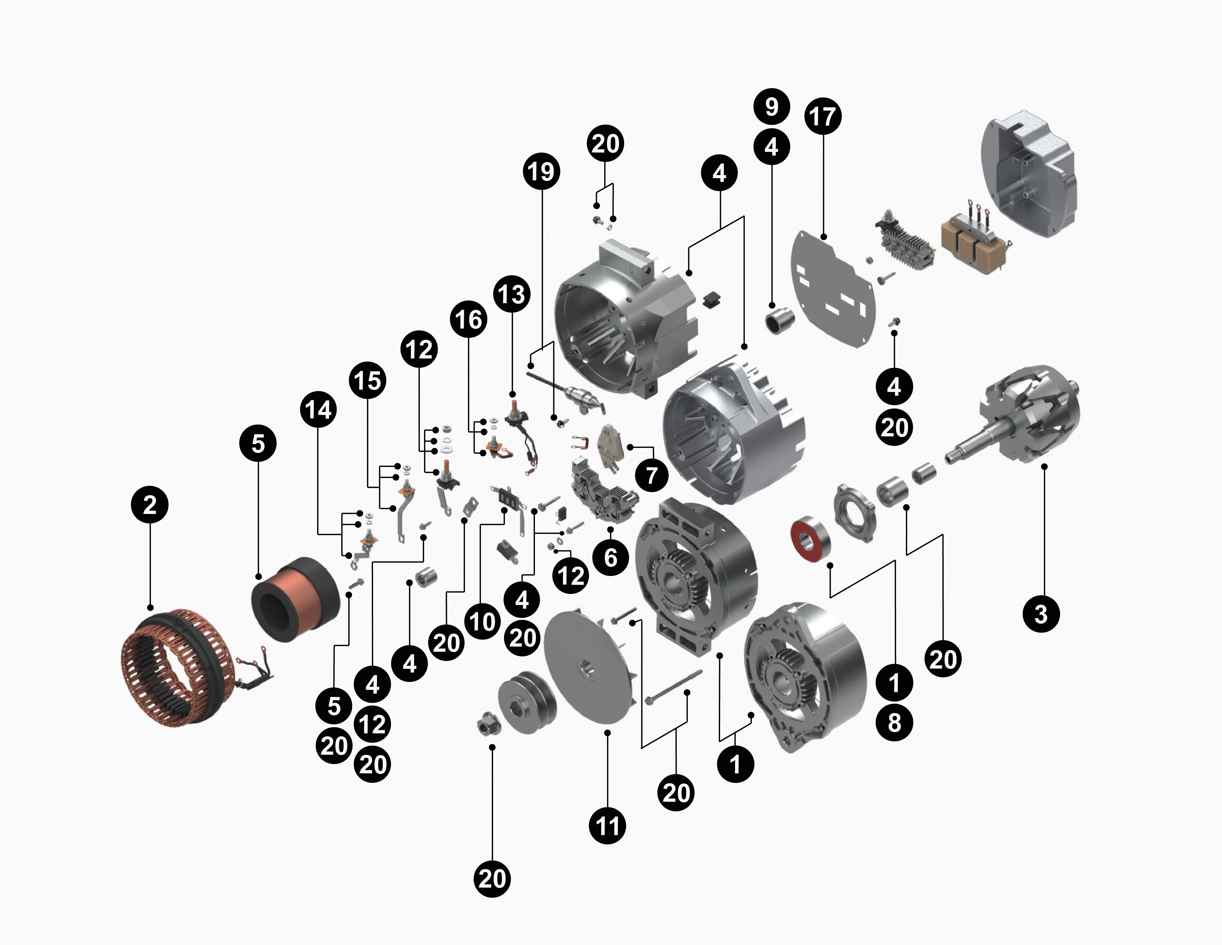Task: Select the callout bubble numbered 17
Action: tap(822, 117)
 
